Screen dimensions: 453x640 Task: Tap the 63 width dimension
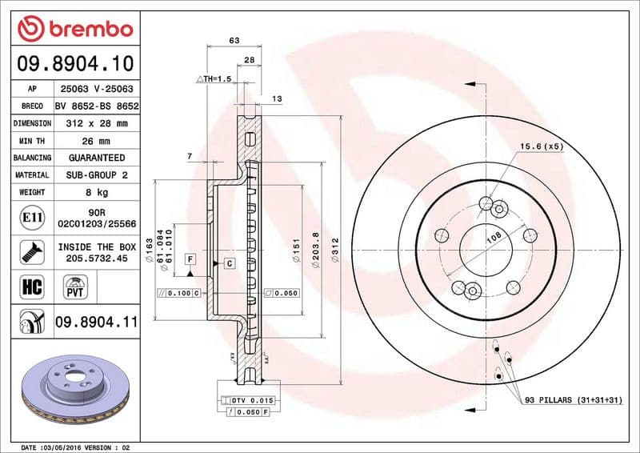pyautogui.click(x=234, y=39)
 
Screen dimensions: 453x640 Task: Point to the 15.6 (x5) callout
pyautogui.click(x=542, y=146)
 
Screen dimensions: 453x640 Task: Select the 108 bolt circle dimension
pyautogui.click(x=494, y=237)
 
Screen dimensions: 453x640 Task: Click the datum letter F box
pyautogui.click(x=190, y=259)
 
